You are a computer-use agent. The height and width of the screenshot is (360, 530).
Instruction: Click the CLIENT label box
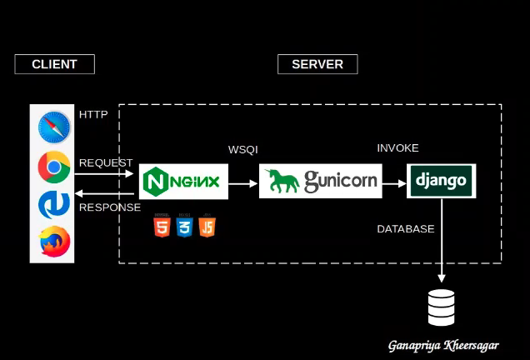point(54,64)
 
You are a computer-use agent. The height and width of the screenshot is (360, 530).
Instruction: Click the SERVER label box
point(317,64)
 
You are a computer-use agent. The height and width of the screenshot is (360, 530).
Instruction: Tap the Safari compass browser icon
point(52,127)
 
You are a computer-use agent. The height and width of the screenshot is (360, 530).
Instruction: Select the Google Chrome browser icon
point(52,167)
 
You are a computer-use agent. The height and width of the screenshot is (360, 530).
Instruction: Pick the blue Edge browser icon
point(52,205)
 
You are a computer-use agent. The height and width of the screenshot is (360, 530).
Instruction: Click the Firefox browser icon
point(53,242)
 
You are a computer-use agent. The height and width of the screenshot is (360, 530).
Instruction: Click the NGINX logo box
point(183,182)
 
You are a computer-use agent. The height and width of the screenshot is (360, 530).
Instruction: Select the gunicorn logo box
point(320,181)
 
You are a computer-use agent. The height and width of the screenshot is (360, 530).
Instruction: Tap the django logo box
point(441,181)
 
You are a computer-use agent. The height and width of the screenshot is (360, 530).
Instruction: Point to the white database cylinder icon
point(441,307)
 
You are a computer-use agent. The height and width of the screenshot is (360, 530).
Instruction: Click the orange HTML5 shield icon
point(162,226)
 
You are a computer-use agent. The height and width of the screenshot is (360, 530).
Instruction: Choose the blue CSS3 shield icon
point(184,226)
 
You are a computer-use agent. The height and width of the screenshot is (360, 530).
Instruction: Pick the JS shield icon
point(207,226)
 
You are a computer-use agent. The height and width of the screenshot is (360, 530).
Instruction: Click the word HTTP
point(93,115)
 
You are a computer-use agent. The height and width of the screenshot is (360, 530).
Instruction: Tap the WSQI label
point(243,150)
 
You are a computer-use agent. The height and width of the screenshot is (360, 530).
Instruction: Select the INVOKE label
point(397,148)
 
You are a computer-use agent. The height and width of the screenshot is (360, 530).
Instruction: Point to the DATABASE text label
point(405,229)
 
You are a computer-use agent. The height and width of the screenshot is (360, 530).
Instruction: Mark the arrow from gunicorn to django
point(393,182)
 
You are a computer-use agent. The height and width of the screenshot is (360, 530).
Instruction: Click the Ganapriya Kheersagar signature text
point(443,345)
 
